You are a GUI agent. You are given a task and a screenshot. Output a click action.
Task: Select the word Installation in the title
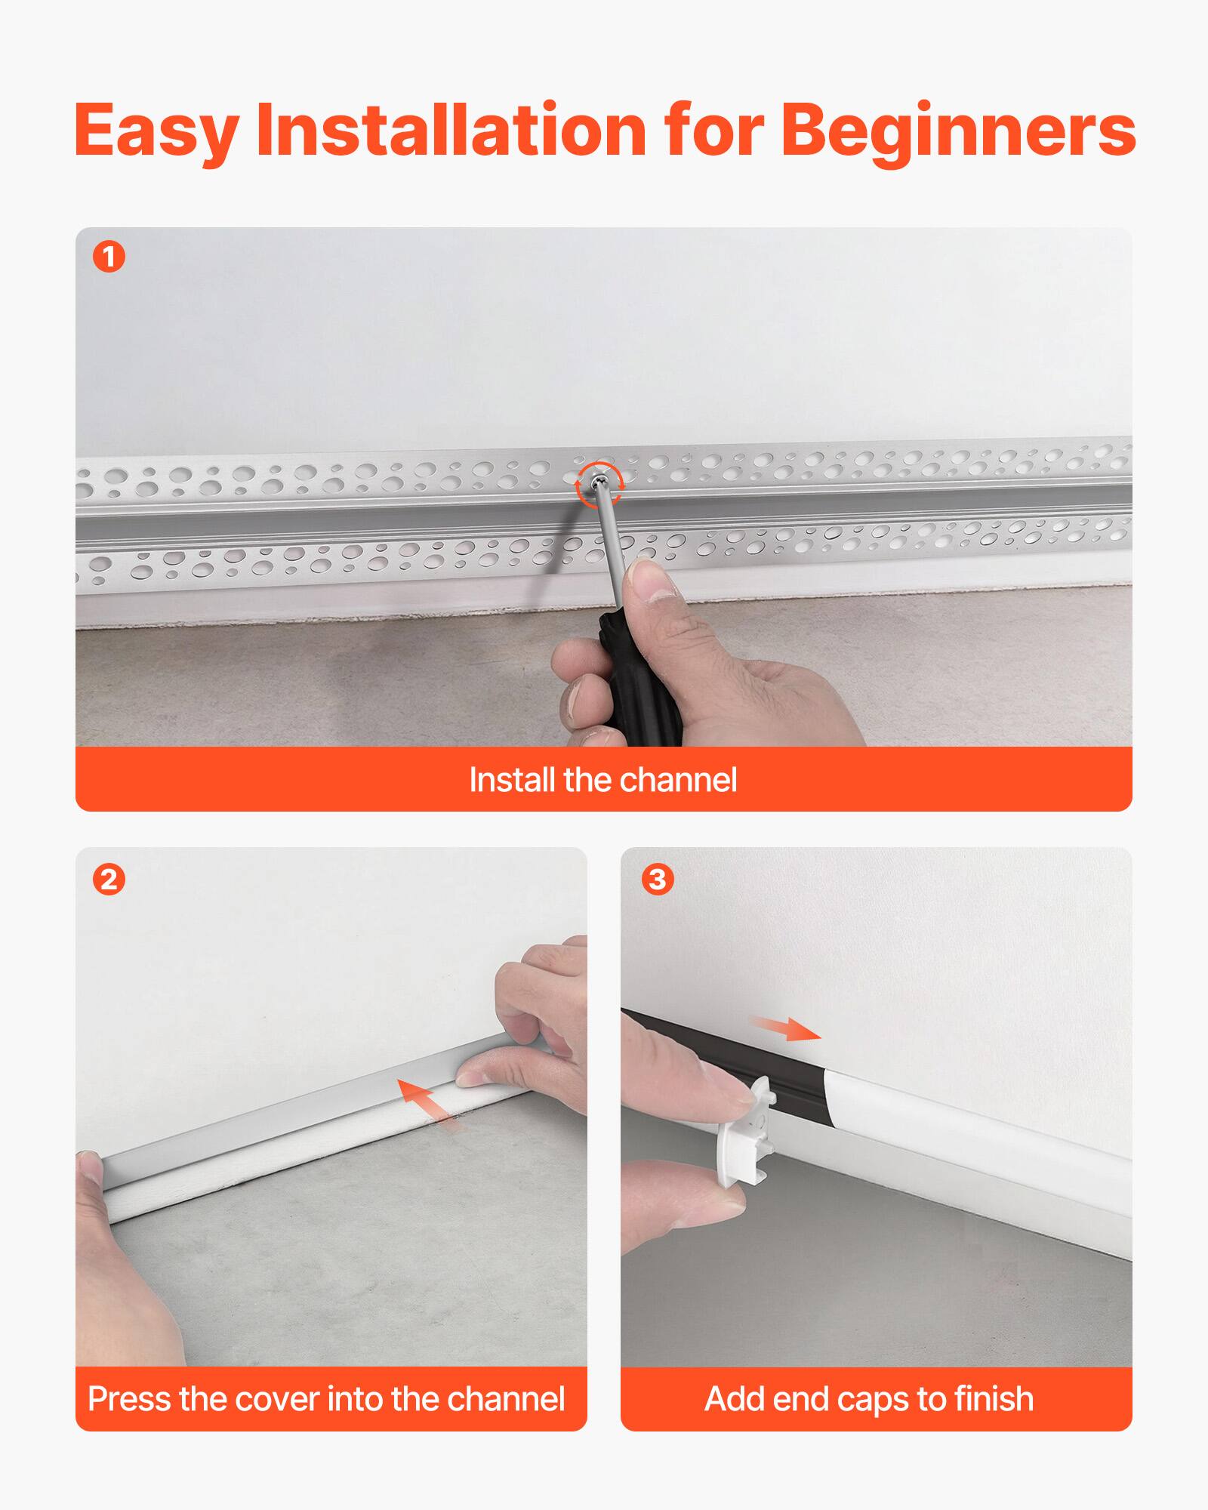pos(451,131)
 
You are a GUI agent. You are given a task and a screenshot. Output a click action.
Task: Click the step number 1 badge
pos(109,257)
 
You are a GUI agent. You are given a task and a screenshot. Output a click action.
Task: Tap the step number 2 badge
pos(109,880)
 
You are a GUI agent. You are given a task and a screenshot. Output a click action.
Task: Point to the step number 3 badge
pos(657,879)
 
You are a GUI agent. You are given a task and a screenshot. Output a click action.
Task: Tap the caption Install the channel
pos(602,780)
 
